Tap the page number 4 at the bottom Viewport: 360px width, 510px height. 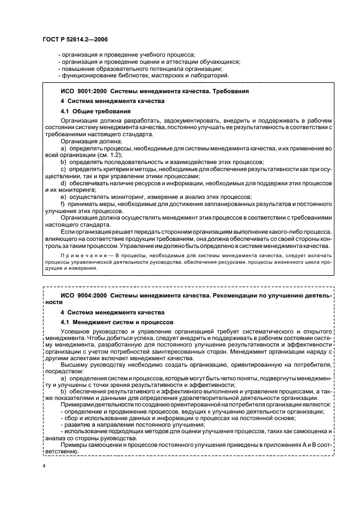(x=44, y=466)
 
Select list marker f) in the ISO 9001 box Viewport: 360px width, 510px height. (x=63, y=204)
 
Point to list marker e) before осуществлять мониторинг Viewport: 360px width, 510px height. (x=63, y=197)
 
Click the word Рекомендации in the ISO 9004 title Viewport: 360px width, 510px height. (x=235, y=295)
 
